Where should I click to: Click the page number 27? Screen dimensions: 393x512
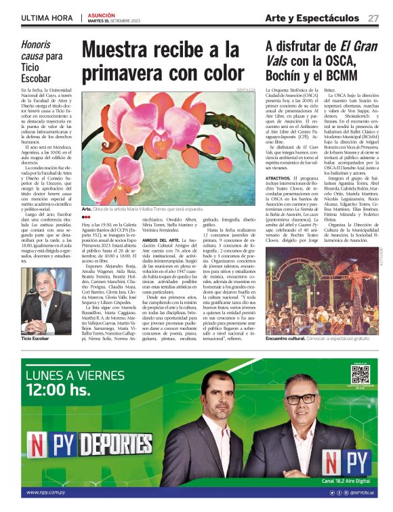coord(373,18)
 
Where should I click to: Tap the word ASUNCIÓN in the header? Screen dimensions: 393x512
coord(102,14)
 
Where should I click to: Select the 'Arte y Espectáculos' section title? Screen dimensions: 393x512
coord(312,18)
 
